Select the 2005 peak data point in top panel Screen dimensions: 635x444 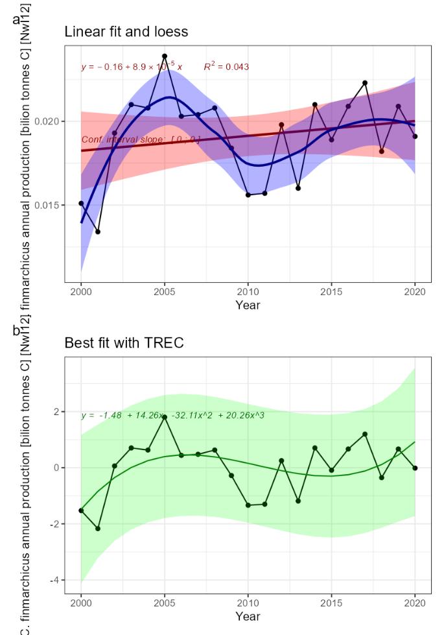coord(165,56)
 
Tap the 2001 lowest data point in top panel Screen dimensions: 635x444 coord(98,232)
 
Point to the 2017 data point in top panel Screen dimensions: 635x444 coord(365,83)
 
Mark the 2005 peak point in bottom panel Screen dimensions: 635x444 coord(165,417)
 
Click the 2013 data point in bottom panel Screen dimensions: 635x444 coord(298,501)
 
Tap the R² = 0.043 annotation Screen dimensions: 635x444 coord(226,67)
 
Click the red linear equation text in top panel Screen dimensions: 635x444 coord(132,67)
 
